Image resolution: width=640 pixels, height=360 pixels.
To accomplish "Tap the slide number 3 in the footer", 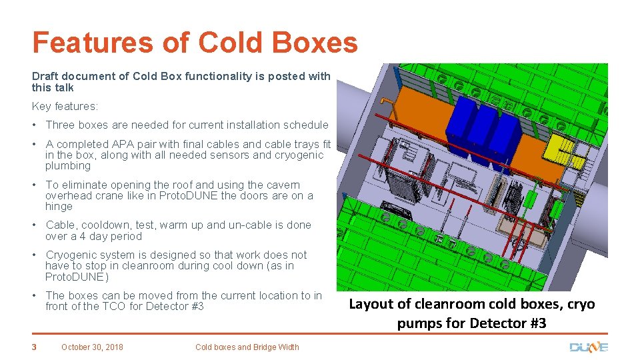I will [35, 347].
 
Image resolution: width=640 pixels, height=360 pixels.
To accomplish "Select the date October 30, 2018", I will [92, 347].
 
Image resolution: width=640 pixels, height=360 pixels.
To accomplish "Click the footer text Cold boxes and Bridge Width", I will [247, 347].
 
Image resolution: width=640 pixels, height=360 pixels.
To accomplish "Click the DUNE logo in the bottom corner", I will [588, 347].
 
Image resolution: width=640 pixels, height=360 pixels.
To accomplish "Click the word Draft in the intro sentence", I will [45, 76].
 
